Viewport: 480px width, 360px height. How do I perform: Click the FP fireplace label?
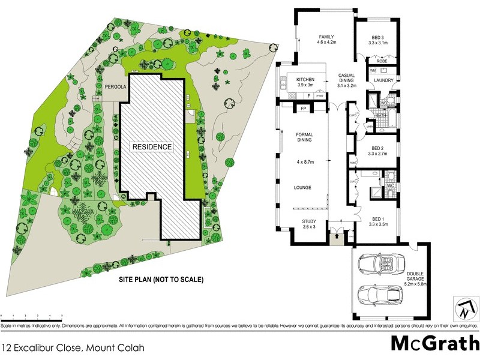pos(304,109)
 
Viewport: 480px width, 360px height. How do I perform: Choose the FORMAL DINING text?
pos(304,138)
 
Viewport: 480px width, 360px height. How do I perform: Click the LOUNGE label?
pos(302,187)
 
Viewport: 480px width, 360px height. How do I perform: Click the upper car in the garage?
pos(380,264)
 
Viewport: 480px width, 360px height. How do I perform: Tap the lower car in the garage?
pos(380,295)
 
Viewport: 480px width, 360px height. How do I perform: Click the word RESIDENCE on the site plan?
pos(152,146)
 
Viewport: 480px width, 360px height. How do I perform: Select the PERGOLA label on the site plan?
pos(115,87)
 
